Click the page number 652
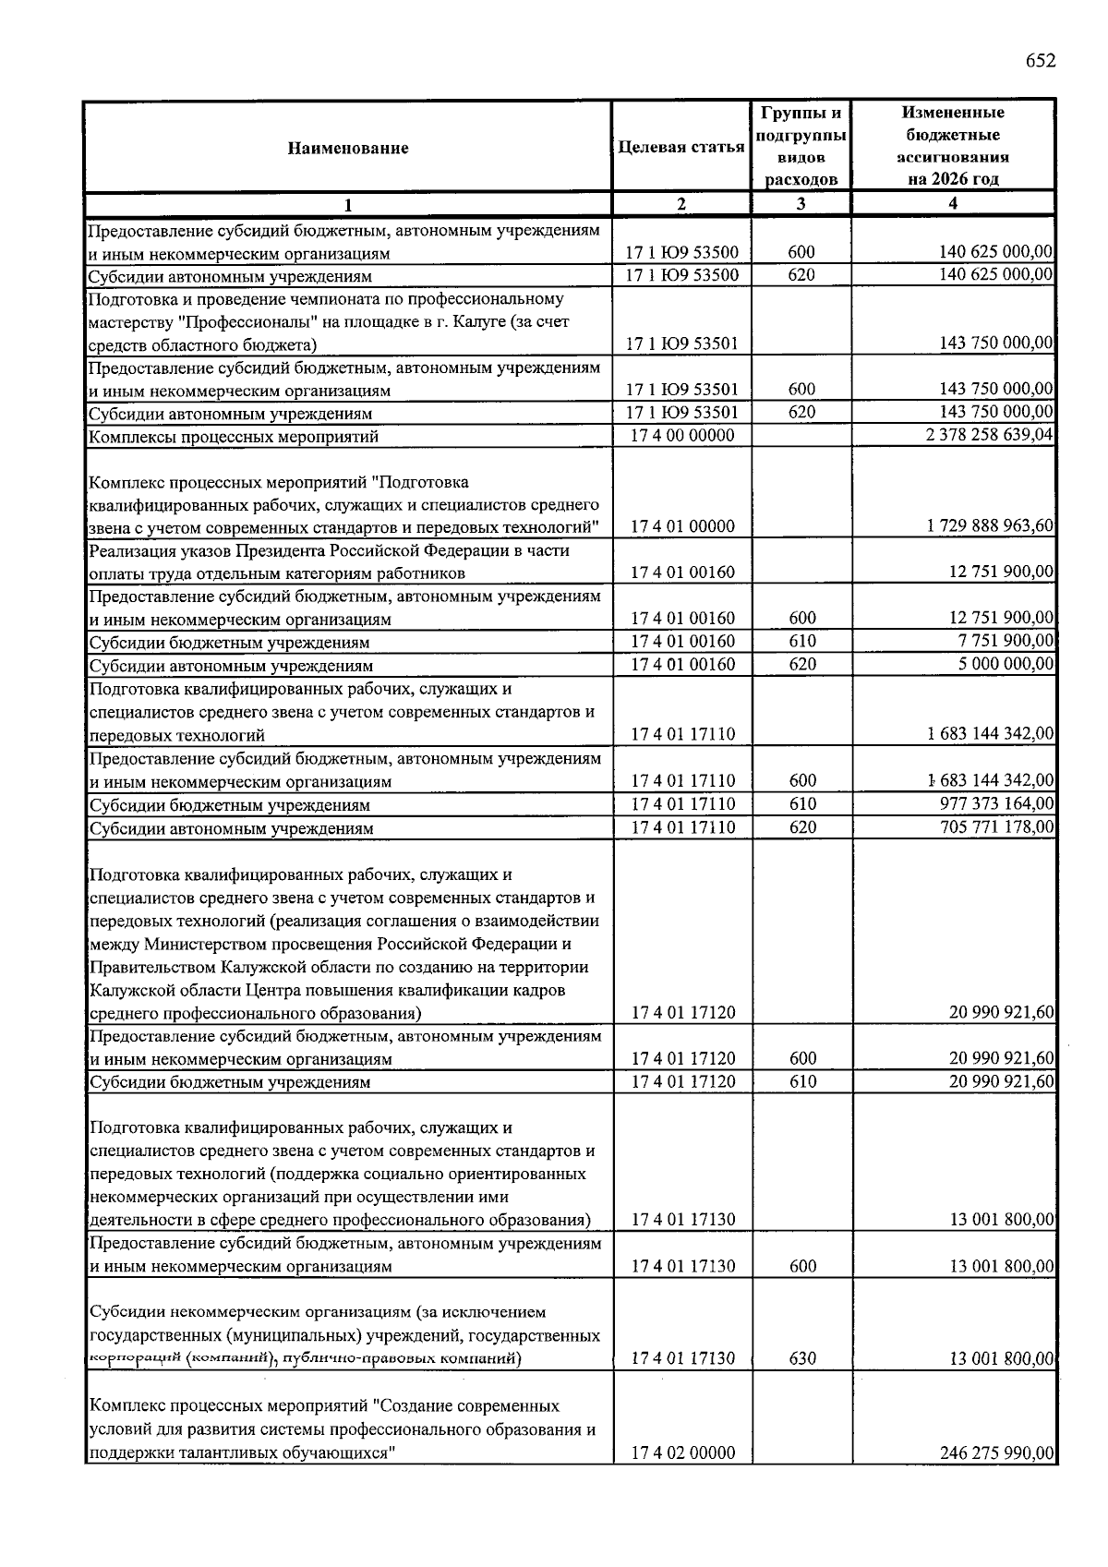pyautogui.click(x=1040, y=61)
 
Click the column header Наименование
pyautogui.click(x=347, y=148)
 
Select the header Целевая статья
pyautogui.click(x=681, y=148)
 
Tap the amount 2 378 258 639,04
pyautogui.click(x=990, y=435)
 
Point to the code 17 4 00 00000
pyautogui.click(x=682, y=435)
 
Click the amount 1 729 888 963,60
pyautogui.click(x=990, y=526)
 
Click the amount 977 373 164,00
pyautogui.click(x=995, y=804)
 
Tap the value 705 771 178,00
pyautogui.click(x=995, y=827)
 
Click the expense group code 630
pyautogui.click(x=802, y=1358)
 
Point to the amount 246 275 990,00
pyautogui.click(x=995, y=1452)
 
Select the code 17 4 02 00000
pyautogui.click(x=682, y=1452)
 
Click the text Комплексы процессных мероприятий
pyautogui.click(x=234, y=437)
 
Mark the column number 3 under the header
pyautogui.click(x=801, y=204)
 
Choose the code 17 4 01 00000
pyautogui.click(x=682, y=526)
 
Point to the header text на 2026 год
pyautogui.click(x=953, y=179)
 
